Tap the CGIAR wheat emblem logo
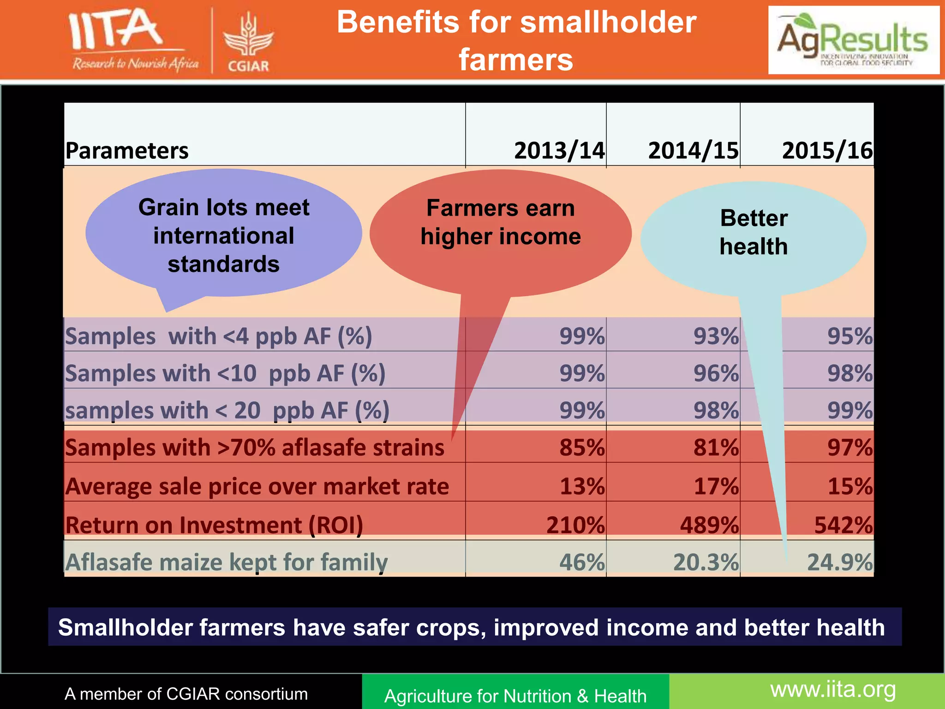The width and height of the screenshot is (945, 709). tap(248, 42)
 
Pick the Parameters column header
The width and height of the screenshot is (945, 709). tap(127, 151)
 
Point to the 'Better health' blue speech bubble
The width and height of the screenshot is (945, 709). tap(754, 233)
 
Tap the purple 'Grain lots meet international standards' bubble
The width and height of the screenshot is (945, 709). tap(223, 235)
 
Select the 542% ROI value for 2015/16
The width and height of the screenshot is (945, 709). tap(843, 525)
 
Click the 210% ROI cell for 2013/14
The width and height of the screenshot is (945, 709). tap(575, 525)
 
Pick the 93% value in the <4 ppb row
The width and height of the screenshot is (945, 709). tap(716, 336)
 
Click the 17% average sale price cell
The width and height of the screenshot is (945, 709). tap(716, 486)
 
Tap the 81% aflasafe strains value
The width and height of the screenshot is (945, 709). tap(716, 447)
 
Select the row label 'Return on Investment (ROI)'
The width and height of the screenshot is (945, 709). tap(214, 525)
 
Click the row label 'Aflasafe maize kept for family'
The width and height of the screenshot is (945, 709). tap(226, 562)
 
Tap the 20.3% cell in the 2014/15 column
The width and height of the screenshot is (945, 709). tap(706, 562)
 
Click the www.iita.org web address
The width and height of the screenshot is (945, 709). tap(833, 690)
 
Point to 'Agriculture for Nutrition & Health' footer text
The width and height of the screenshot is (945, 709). tap(515, 696)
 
